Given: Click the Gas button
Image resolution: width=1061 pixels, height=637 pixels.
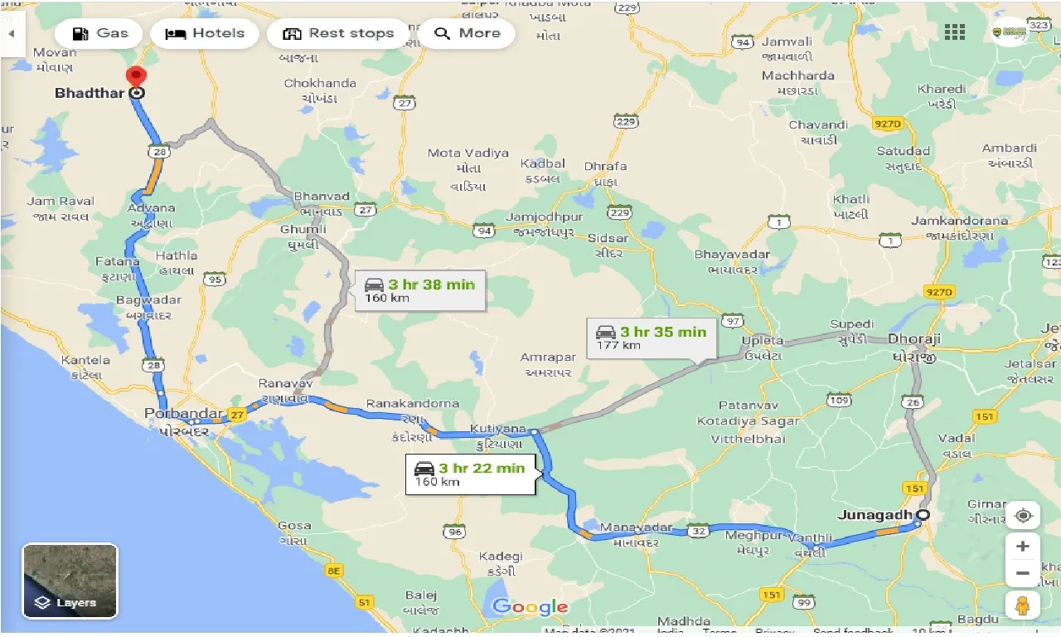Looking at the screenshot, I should (x=99, y=34).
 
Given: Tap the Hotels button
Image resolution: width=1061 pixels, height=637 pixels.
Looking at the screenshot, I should (x=205, y=34).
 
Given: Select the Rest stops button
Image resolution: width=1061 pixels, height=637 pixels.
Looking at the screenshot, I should (x=338, y=34).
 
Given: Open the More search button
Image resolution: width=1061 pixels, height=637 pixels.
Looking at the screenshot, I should (x=468, y=34).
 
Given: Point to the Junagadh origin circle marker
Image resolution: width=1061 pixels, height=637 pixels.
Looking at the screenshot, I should (x=923, y=515).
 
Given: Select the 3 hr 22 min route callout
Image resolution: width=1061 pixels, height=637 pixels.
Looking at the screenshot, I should (x=471, y=474).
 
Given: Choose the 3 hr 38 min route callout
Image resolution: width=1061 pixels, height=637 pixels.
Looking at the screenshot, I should (x=420, y=290).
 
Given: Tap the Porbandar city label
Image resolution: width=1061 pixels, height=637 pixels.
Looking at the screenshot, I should (x=183, y=413).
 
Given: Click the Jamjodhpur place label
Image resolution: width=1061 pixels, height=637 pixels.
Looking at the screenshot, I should (x=547, y=217).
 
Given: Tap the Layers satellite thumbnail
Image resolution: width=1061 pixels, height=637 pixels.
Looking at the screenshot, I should (x=70, y=581).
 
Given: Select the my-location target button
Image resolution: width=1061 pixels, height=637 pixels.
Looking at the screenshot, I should (x=1024, y=516).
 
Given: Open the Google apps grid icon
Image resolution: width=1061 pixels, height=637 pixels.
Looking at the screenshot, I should (x=955, y=32).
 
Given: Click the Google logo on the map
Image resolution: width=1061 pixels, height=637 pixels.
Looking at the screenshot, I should (x=530, y=607).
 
